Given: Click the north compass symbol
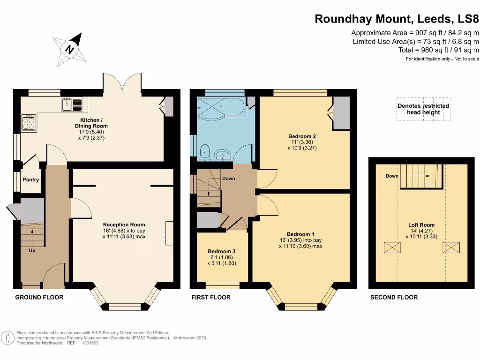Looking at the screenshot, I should (x=70, y=49).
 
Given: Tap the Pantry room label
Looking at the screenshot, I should (x=31, y=180).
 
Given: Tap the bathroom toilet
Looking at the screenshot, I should (x=204, y=152).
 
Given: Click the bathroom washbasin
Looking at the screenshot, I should (x=222, y=155).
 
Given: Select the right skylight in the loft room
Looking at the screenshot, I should (x=451, y=247).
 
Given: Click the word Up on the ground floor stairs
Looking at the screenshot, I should (x=32, y=251).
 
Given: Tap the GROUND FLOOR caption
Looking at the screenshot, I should (x=39, y=297).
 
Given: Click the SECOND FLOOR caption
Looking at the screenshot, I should (x=394, y=297).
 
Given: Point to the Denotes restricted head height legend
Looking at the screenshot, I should (x=423, y=109).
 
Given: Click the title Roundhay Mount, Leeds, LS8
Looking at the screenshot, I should (x=397, y=19).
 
